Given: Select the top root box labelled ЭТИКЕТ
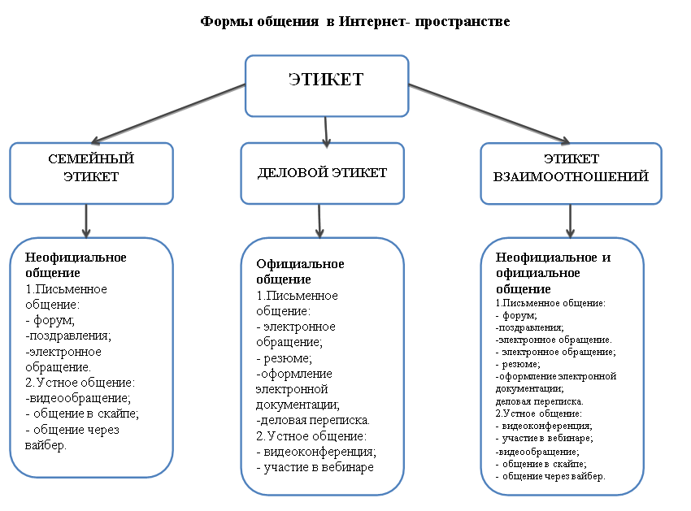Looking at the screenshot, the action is click(327, 86).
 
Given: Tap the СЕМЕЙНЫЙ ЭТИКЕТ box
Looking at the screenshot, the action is click(91, 173).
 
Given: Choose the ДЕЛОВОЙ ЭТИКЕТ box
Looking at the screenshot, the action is click(323, 173).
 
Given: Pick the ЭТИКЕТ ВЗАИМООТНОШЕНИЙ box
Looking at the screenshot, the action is click(571, 173).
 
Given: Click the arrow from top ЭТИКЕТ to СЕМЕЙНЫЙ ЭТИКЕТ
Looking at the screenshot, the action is click(168, 114).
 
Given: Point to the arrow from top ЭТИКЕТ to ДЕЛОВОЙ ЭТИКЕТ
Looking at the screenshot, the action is click(326, 132).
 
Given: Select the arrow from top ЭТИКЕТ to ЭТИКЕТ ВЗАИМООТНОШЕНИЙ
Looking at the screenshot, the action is click(489, 114).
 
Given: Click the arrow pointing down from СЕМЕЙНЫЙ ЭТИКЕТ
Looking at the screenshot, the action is click(86, 221).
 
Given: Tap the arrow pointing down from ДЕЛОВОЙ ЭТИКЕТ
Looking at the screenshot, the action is click(319, 221).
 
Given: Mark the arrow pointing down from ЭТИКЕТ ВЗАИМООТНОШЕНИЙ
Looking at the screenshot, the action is click(570, 221).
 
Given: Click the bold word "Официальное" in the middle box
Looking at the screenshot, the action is click(300, 264).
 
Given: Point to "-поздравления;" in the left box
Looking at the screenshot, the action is click(67, 336).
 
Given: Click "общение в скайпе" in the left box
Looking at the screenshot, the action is click(85, 414).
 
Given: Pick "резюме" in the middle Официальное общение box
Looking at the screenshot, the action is click(286, 358).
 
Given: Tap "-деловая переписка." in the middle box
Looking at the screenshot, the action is click(313, 420).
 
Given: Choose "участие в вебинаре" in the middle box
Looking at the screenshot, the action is click(319, 467).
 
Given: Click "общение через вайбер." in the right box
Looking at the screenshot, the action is click(554, 476).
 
